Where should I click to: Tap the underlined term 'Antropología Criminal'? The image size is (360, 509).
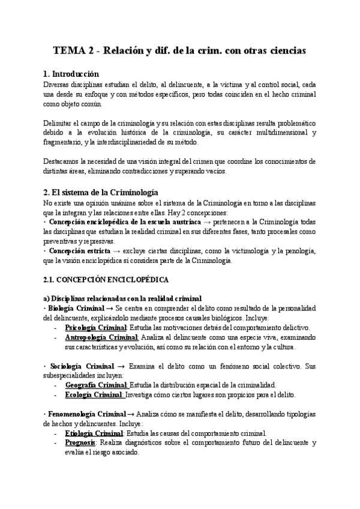coord(101,338)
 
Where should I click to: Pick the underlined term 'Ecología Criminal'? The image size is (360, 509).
coord(94,395)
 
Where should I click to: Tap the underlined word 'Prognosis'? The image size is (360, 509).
coord(80,442)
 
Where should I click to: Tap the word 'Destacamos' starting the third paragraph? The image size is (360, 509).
coord(63,161)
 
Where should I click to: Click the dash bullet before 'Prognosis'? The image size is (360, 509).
coord(55,443)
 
